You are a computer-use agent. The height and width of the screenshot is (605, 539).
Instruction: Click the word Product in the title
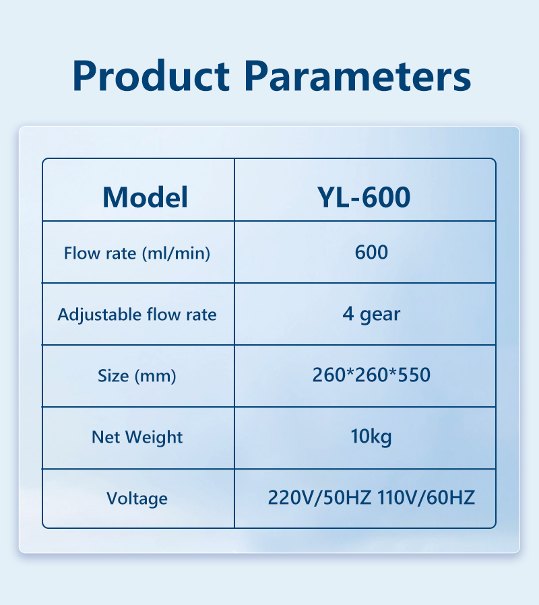click(151, 75)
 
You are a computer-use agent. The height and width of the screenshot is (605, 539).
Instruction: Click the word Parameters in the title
click(358, 75)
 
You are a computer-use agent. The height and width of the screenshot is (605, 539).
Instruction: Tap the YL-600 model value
click(364, 197)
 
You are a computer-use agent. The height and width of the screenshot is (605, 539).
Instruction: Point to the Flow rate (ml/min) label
click(137, 253)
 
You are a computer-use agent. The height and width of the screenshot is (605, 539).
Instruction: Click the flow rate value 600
click(371, 253)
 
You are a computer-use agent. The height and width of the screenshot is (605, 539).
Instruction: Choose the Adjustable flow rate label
click(137, 315)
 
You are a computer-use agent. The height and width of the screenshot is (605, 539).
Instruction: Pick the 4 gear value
click(371, 315)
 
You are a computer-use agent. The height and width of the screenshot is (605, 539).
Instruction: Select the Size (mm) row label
click(137, 376)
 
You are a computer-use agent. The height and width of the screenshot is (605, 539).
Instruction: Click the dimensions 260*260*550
click(371, 375)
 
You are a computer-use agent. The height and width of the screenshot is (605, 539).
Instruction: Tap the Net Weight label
click(137, 437)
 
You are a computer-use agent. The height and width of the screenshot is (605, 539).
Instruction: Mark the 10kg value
click(371, 437)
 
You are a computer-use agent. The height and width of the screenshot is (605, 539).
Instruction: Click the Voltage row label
click(137, 499)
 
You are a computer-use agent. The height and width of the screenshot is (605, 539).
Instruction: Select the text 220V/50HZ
click(319, 498)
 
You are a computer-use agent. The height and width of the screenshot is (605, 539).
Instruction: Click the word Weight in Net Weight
click(154, 437)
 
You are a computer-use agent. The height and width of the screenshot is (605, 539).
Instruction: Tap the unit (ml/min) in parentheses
click(177, 253)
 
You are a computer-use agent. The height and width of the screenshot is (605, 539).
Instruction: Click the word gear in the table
click(380, 315)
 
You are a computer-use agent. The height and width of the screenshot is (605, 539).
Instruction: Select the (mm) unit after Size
click(156, 376)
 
